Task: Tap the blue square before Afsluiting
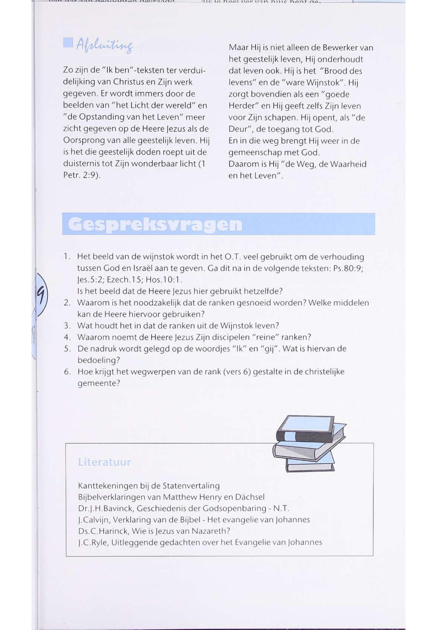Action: [68, 43]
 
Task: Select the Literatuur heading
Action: [104, 462]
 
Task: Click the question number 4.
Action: [67, 337]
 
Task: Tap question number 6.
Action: [67, 372]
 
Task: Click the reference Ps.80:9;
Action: [348, 268]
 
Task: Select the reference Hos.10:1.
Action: [164, 280]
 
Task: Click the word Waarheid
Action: [348, 164]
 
